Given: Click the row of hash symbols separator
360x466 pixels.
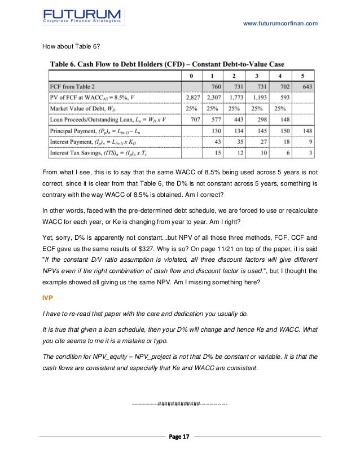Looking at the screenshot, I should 179,404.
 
